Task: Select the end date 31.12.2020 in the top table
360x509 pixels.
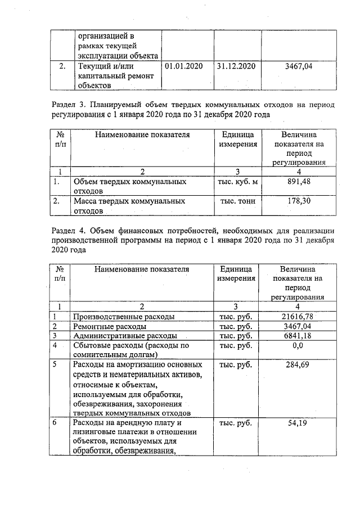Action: [x=236, y=66]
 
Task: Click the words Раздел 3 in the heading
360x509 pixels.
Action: [x=67, y=105]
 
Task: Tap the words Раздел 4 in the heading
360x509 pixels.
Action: [x=67, y=231]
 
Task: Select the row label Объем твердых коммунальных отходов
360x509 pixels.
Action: [x=130, y=186]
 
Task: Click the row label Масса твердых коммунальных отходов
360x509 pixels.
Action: [x=130, y=205]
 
